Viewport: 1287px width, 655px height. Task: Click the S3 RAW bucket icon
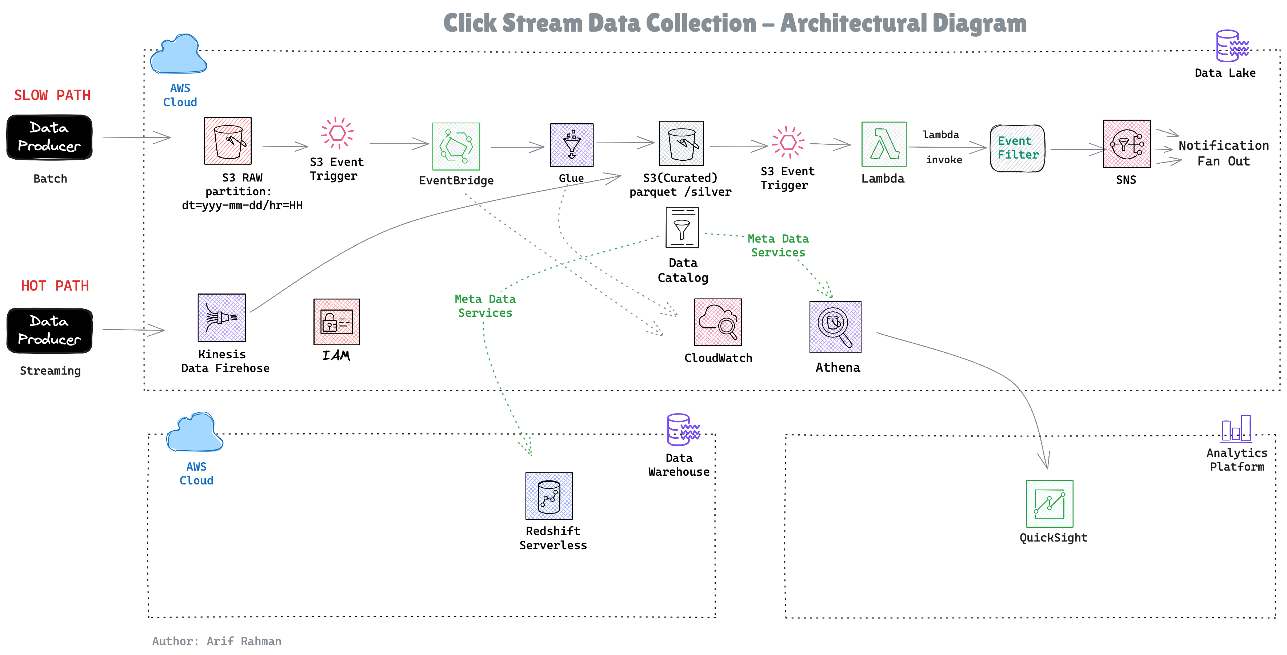point(228,141)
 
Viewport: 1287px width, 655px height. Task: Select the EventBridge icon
point(456,147)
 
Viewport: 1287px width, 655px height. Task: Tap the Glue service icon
point(572,145)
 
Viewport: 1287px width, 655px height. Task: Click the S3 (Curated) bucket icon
point(681,143)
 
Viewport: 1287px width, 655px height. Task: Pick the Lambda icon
point(883,144)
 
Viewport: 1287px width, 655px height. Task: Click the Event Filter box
point(1017,148)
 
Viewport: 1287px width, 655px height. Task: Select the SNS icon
point(1126,144)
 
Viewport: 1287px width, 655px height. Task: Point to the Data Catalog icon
point(682,228)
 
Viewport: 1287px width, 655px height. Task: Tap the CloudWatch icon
point(718,322)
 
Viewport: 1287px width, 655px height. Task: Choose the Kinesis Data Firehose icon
point(222,318)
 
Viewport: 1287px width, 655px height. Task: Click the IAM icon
point(336,322)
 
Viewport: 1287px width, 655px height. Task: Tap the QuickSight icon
point(1049,504)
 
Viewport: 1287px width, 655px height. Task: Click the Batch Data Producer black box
point(49,137)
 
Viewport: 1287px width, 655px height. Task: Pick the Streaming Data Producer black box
point(49,331)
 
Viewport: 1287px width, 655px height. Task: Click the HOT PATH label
point(55,286)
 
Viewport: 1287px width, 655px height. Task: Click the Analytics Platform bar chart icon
point(1236,429)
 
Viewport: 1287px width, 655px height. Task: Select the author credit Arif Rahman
point(217,641)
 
